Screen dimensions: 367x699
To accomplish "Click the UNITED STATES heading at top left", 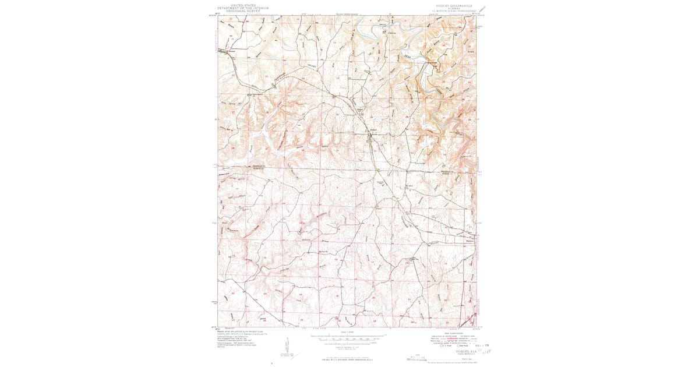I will pos(243,5).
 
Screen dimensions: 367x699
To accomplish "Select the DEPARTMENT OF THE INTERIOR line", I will pos(243,8).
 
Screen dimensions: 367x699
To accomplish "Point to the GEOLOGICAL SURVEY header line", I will pos(243,11).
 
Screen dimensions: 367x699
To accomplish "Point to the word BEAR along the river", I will pos(408,57).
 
